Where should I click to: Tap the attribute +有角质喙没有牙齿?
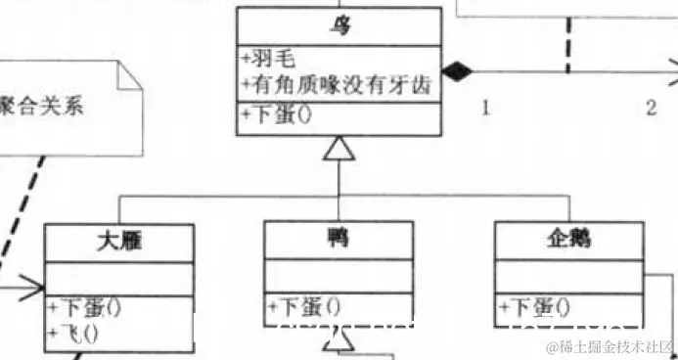click(x=338, y=85)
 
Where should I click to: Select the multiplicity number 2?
click(x=651, y=108)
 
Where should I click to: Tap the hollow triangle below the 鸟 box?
click(x=338, y=148)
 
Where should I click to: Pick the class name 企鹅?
click(x=566, y=240)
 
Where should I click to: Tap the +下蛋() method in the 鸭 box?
click(x=305, y=307)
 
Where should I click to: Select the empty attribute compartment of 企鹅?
click(x=566, y=275)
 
